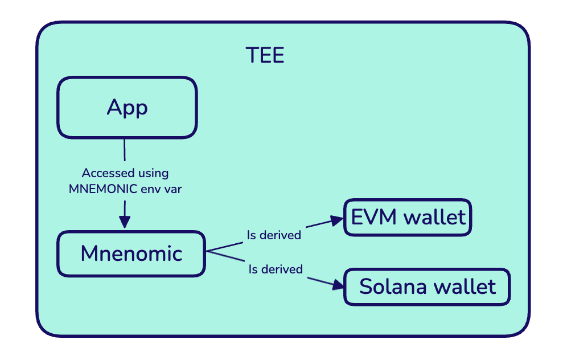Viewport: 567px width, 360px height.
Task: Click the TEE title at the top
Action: click(x=265, y=55)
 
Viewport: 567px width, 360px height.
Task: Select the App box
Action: click(x=127, y=107)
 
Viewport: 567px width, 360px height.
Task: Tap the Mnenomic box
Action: click(x=131, y=253)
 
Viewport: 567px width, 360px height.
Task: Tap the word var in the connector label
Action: click(x=171, y=189)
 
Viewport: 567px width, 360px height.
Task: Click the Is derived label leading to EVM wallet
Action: click(x=273, y=235)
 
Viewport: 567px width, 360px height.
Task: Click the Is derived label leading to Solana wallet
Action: click(x=276, y=269)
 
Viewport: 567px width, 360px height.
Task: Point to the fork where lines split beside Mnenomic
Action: click(x=207, y=252)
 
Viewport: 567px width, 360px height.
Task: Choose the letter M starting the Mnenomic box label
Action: click(x=90, y=253)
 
